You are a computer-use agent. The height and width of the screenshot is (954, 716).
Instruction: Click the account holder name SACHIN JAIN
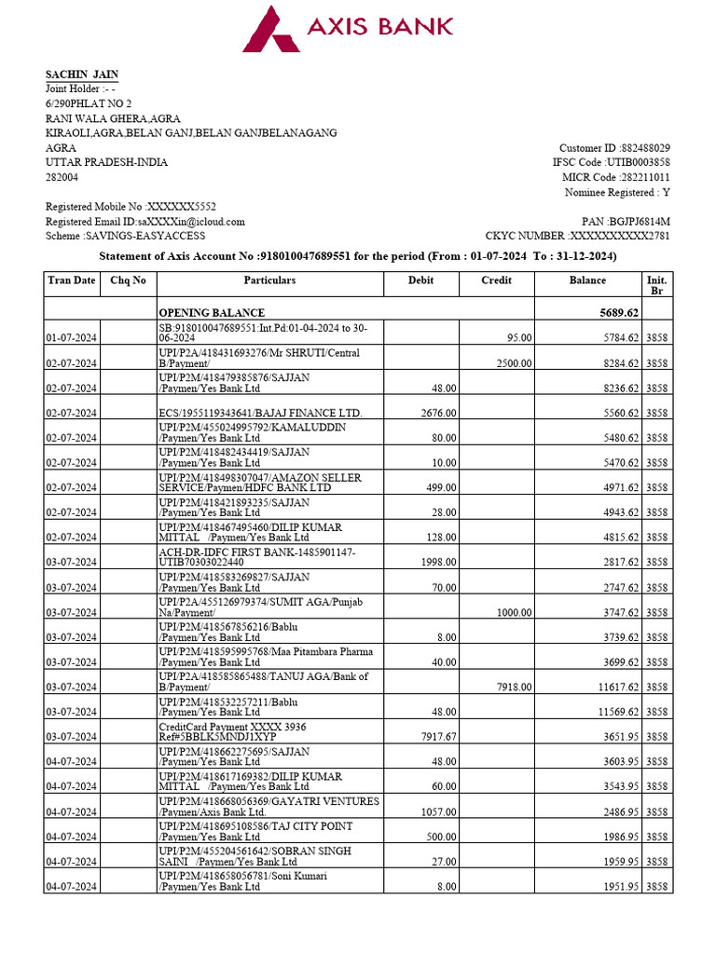(82, 75)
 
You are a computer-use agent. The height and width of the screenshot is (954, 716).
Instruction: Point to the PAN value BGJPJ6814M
(639, 222)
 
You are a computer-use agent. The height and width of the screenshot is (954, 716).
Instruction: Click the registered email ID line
(145, 222)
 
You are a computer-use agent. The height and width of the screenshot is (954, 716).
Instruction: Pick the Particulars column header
(269, 280)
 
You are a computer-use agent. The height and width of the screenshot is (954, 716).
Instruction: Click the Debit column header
(420, 280)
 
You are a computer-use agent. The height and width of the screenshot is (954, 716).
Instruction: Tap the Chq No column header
(128, 280)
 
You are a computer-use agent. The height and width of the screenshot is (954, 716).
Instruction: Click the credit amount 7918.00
(513, 687)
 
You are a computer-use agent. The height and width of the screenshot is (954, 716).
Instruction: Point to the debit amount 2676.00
(438, 413)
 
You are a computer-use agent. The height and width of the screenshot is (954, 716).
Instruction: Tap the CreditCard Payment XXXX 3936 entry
(232, 731)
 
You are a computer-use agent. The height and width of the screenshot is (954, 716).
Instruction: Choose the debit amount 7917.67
(436, 737)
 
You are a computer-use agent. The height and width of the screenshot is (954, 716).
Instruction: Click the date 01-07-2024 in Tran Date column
(72, 338)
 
